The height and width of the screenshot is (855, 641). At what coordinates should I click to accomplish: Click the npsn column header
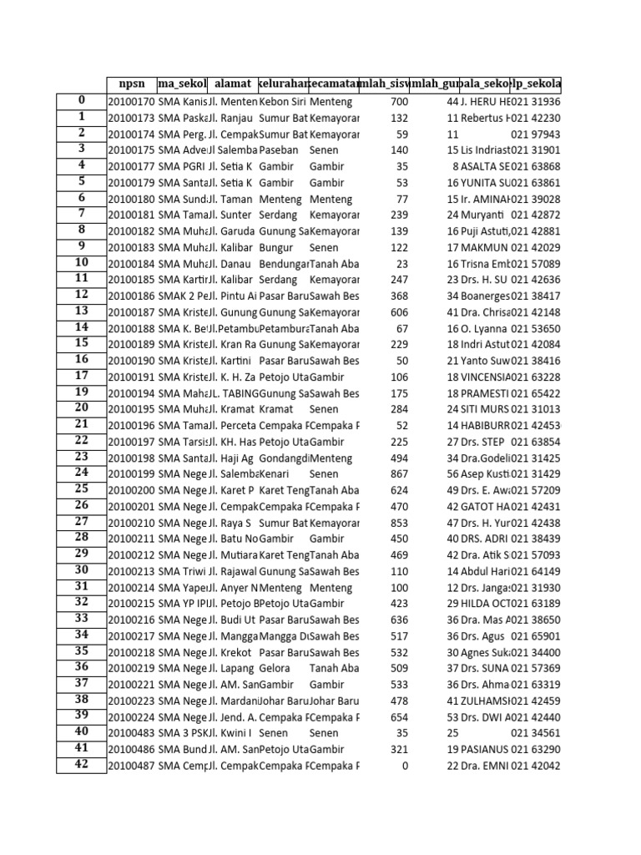[132, 84]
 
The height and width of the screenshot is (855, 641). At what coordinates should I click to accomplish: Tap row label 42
[81, 766]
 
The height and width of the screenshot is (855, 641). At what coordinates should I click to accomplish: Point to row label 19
[81, 392]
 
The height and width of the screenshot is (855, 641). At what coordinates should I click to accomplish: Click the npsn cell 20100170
[132, 102]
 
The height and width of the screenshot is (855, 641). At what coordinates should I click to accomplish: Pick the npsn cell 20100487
[132, 766]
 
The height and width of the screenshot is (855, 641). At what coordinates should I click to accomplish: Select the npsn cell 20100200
[132, 489]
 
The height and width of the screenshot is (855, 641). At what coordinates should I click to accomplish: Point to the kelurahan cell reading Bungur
[278, 248]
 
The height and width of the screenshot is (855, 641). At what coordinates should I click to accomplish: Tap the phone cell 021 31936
[535, 102]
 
